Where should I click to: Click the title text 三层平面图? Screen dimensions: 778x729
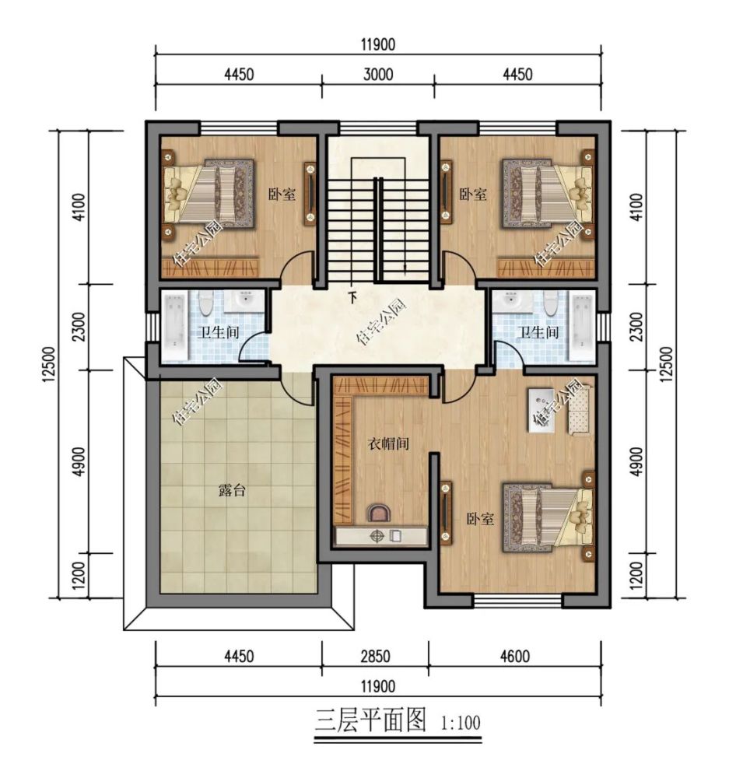click(371, 721)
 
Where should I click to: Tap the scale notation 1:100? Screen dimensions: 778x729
click(461, 724)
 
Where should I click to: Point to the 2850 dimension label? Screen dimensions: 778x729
click(374, 657)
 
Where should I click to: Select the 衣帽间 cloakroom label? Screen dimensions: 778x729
click(388, 444)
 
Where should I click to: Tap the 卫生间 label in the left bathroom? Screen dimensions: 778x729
click(217, 332)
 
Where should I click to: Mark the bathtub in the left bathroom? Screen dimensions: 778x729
click(173, 326)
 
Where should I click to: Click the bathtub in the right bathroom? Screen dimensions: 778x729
click(582, 326)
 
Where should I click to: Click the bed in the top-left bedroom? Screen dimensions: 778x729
click(210, 194)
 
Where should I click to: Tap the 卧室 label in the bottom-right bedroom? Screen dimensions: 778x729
click(480, 519)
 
